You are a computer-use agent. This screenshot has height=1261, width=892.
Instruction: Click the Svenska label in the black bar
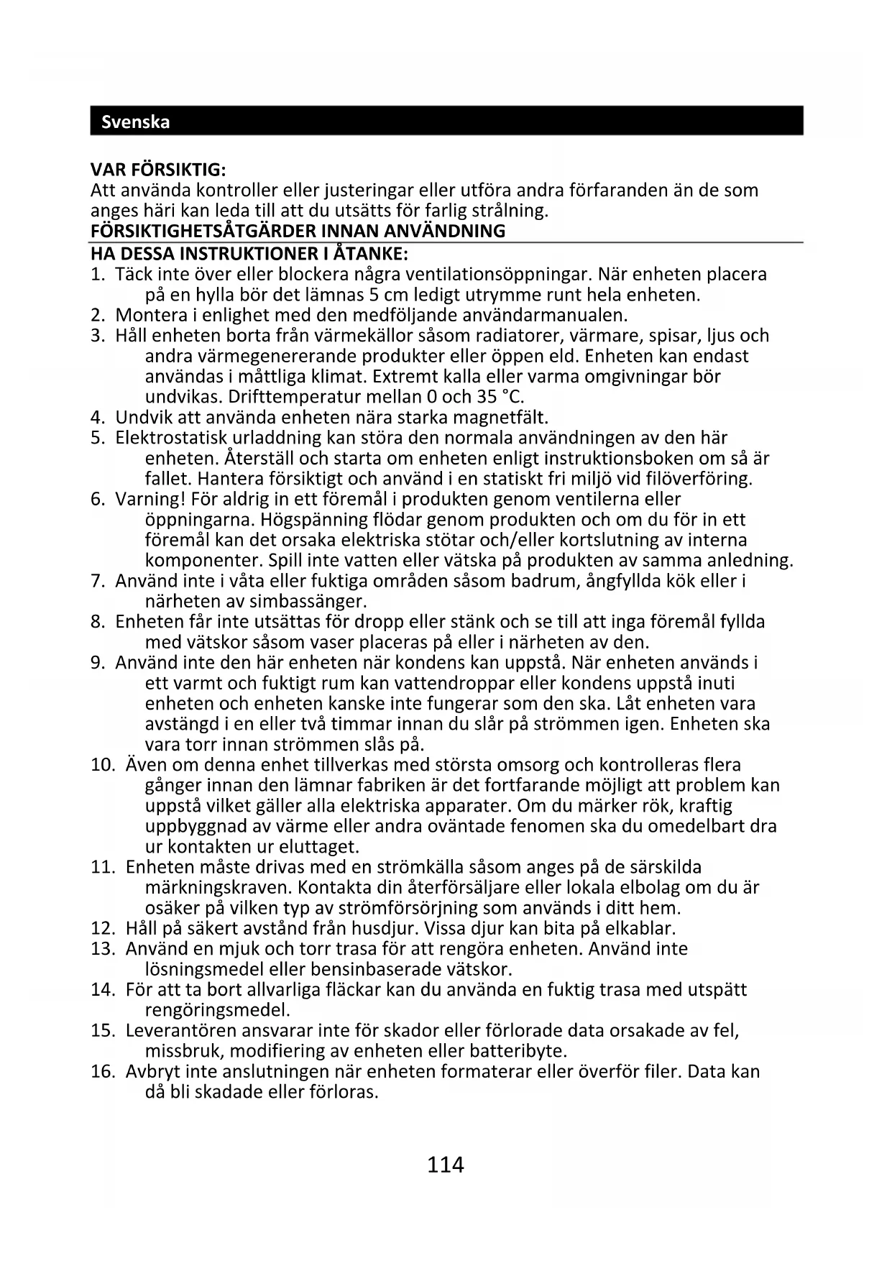click(x=136, y=121)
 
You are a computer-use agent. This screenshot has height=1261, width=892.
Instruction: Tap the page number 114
click(x=446, y=1164)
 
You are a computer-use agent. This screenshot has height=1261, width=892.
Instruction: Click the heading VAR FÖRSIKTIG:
click(x=158, y=170)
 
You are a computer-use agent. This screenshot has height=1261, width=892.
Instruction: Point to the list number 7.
click(x=98, y=581)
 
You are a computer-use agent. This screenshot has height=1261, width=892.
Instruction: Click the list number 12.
click(x=103, y=928)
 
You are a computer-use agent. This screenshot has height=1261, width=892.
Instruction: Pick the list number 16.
click(x=103, y=1072)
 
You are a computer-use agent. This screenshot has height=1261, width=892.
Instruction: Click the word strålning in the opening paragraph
click(x=512, y=211)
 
